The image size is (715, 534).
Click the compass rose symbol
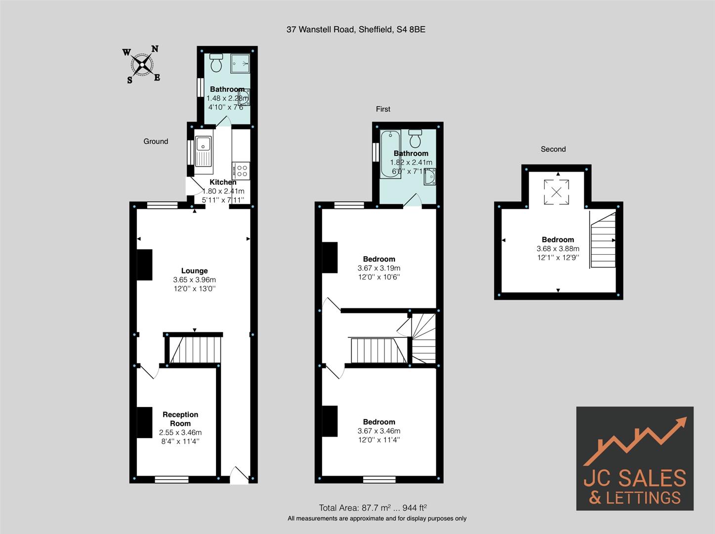[142, 64]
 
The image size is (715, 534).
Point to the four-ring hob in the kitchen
[242, 171]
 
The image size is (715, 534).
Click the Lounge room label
[194, 270]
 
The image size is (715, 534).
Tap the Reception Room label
[180, 419]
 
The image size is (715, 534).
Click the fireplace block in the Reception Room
[144, 422]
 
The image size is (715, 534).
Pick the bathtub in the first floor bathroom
[390, 154]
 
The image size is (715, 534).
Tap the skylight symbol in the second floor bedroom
[556, 192]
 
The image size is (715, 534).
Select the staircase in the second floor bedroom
[603, 240]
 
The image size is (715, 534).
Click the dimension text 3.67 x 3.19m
[379, 268]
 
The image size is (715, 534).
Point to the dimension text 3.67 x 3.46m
[379, 431]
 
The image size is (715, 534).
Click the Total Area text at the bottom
[373, 507]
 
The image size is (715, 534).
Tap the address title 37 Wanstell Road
[356, 30]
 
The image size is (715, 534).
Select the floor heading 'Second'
[553, 149]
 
